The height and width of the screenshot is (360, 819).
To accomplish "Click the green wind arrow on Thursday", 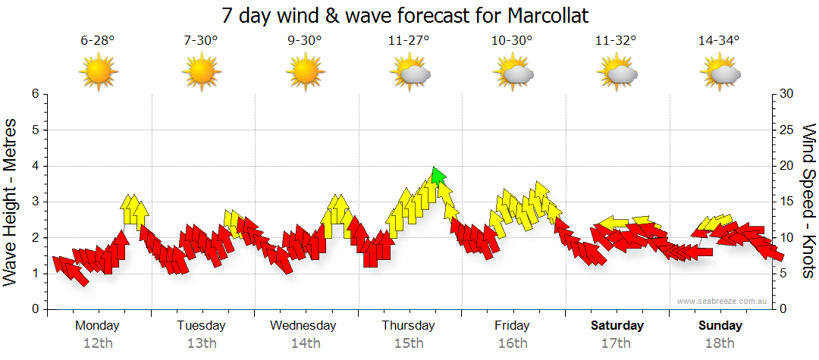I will pyautogui.click(x=437, y=176).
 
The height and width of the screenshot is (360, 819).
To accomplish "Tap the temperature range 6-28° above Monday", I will pyautogui.click(x=98, y=41).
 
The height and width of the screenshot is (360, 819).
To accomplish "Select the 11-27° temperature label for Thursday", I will pyautogui.click(x=409, y=41).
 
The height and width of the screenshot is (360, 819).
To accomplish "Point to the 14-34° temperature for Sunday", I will pyautogui.click(x=719, y=41).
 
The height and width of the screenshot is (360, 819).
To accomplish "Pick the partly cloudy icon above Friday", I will pyautogui.click(x=513, y=73).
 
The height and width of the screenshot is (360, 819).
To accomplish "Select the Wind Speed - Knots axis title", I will pyautogui.click(x=808, y=201).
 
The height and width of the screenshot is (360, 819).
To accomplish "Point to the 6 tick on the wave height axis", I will pyautogui.click(x=33, y=94).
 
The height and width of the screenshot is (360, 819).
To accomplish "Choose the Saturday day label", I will pyautogui.click(x=617, y=326).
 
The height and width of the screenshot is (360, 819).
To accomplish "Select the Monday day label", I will pyautogui.click(x=97, y=326).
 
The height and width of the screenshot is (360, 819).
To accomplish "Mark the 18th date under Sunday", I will pyautogui.click(x=720, y=343).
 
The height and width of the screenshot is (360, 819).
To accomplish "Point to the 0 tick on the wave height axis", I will pyautogui.click(x=33, y=309).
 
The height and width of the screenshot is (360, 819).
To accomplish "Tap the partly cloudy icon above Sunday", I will pyautogui.click(x=721, y=73).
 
